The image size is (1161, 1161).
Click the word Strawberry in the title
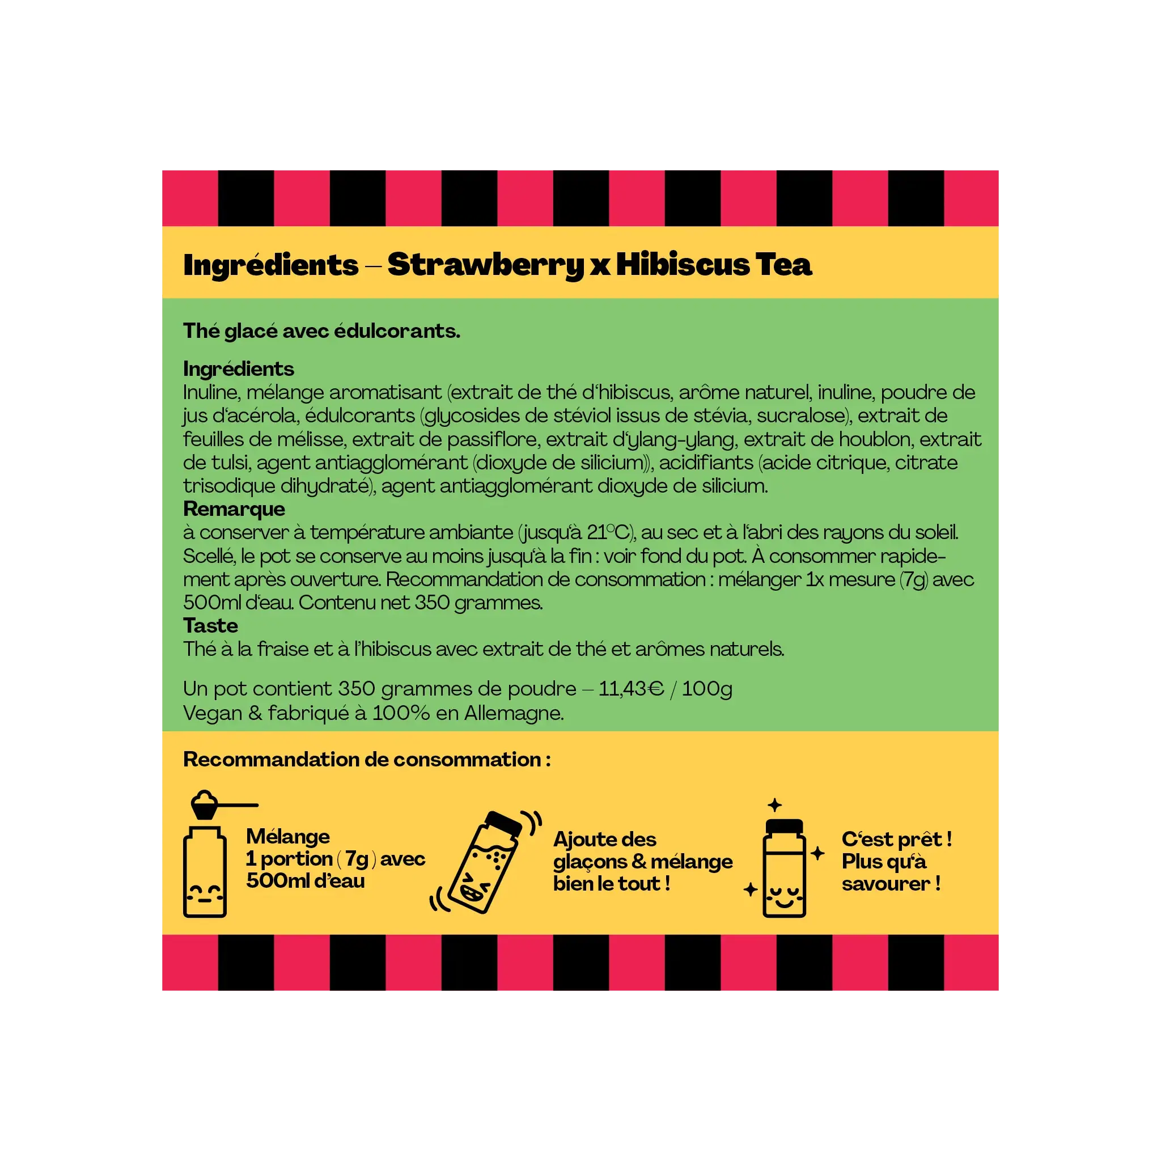(486, 265)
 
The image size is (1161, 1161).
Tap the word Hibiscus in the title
(683, 264)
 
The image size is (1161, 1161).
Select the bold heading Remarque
(234, 509)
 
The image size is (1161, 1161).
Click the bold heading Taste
(210, 626)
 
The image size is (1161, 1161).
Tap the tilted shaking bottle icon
(486, 861)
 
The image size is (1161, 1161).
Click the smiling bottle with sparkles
(783, 868)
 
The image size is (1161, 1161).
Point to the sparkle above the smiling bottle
(774, 804)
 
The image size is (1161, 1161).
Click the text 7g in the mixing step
(357, 859)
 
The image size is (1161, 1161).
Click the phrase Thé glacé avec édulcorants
(321, 331)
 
